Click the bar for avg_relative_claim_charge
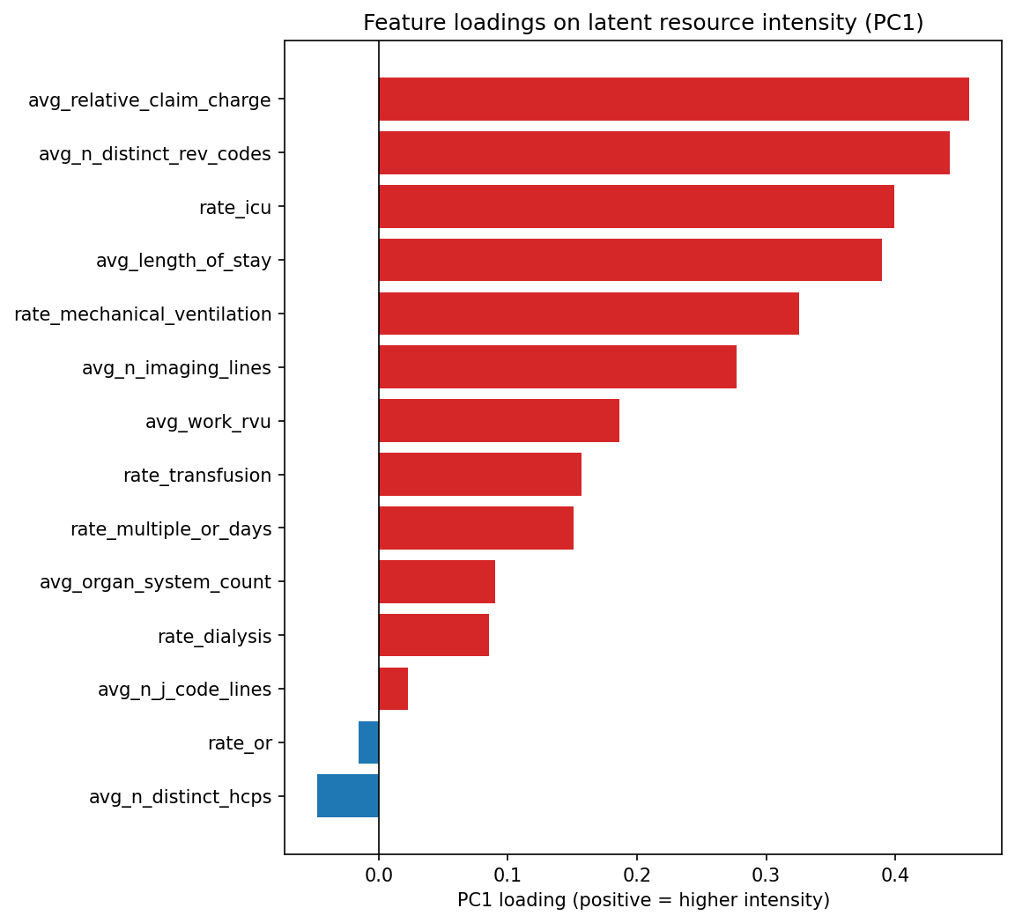[x=673, y=100]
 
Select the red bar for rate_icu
[x=636, y=207]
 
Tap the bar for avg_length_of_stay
[x=630, y=261]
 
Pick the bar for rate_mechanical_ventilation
[x=589, y=314]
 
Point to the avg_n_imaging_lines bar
[x=557, y=367]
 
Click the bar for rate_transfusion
[x=479, y=475]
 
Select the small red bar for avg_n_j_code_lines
[x=393, y=689]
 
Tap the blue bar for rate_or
[x=368, y=742]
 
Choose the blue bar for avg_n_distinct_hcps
[x=348, y=796]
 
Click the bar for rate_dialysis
[x=433, y=636]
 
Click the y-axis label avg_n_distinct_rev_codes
[x=155, y=154]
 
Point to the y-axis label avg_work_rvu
[x=208, y=422]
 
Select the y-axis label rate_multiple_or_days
[x=171, y=529]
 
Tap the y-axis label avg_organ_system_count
[x=155, y=582]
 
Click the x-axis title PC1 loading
[x=643, y=900]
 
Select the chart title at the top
[x=643, y=23]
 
